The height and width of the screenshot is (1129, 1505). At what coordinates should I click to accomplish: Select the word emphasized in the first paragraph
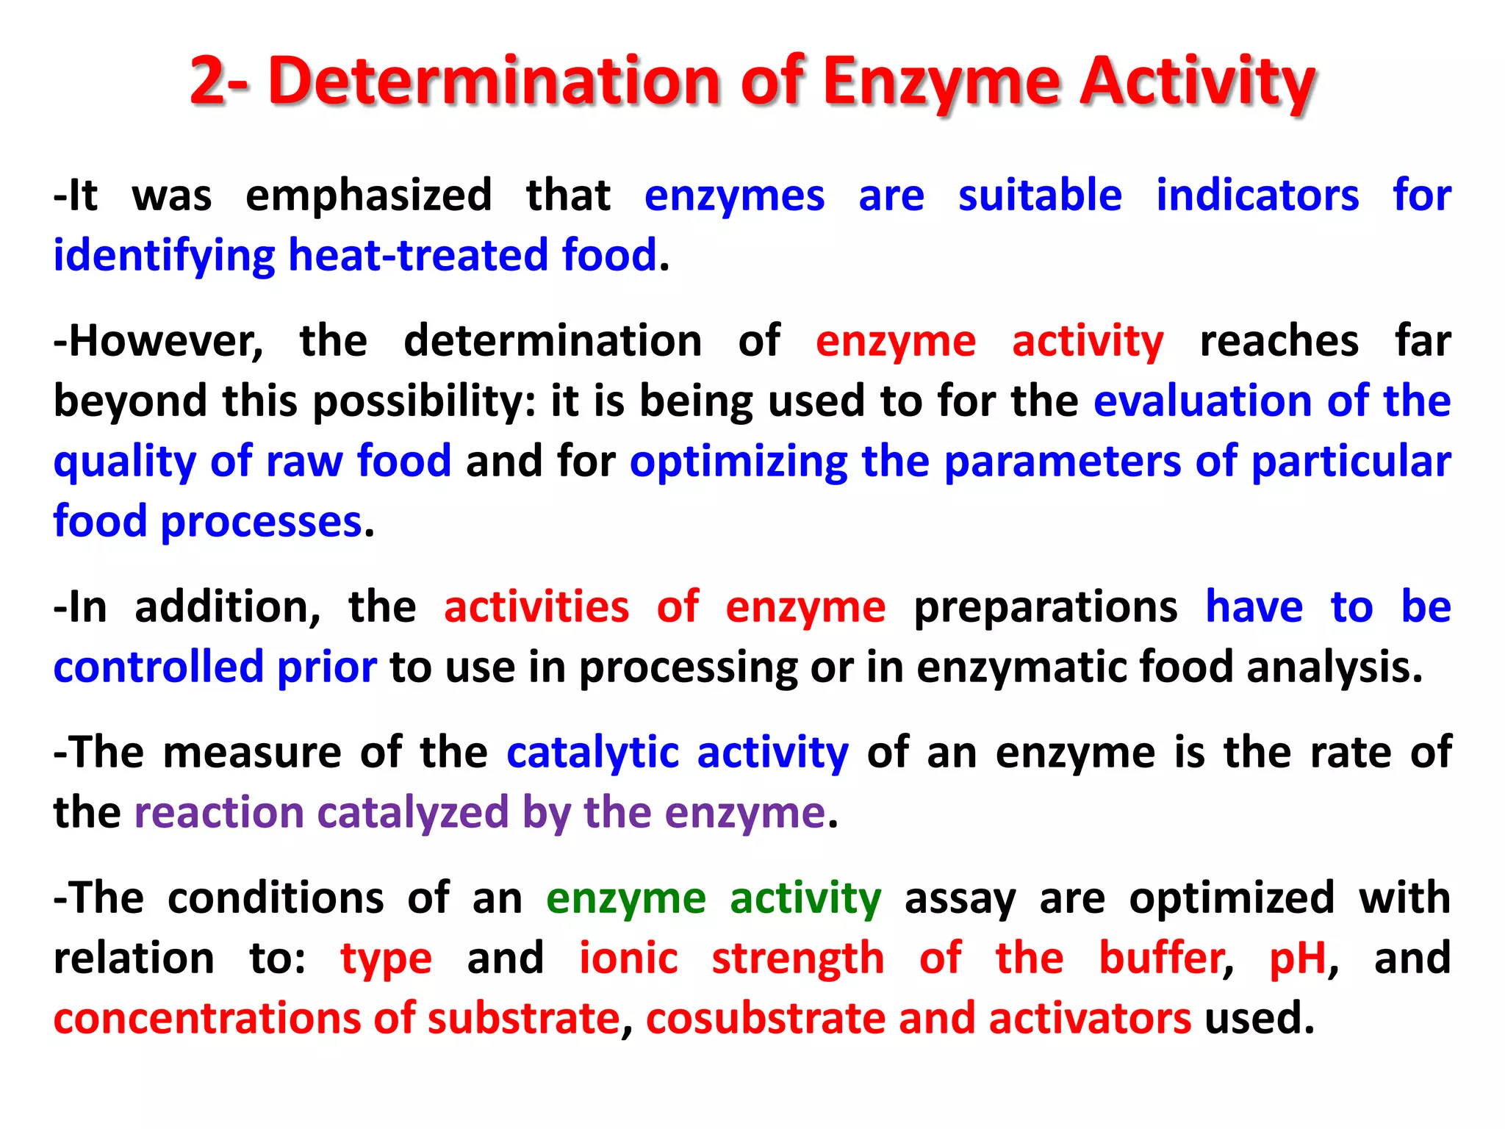pyautogui.click(x=368, y=197)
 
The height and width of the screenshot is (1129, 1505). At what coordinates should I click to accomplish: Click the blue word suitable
pyautogui.click(x=1040, y=197)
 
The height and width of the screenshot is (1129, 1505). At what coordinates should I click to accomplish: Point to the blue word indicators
pyautogui.click(x=1257, y=197)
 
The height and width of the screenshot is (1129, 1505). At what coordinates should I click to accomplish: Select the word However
pyautogui.click(x=159, y=343)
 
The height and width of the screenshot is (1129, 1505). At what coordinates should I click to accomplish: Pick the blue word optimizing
pyautogui.click(x=739, y=462)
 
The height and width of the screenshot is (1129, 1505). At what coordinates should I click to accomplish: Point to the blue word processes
pyautogui.click(x=261, y=523)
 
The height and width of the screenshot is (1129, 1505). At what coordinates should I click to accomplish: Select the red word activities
pyautogui.click(x=536, y=608)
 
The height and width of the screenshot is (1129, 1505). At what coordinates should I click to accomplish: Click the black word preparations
pyautogui.click(x=1045, y=608)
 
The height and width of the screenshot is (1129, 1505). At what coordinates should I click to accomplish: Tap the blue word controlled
pyautogui.click(x=158, y=667)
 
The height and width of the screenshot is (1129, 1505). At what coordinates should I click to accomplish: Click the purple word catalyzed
pyautogui.click(x=412, y=814)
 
